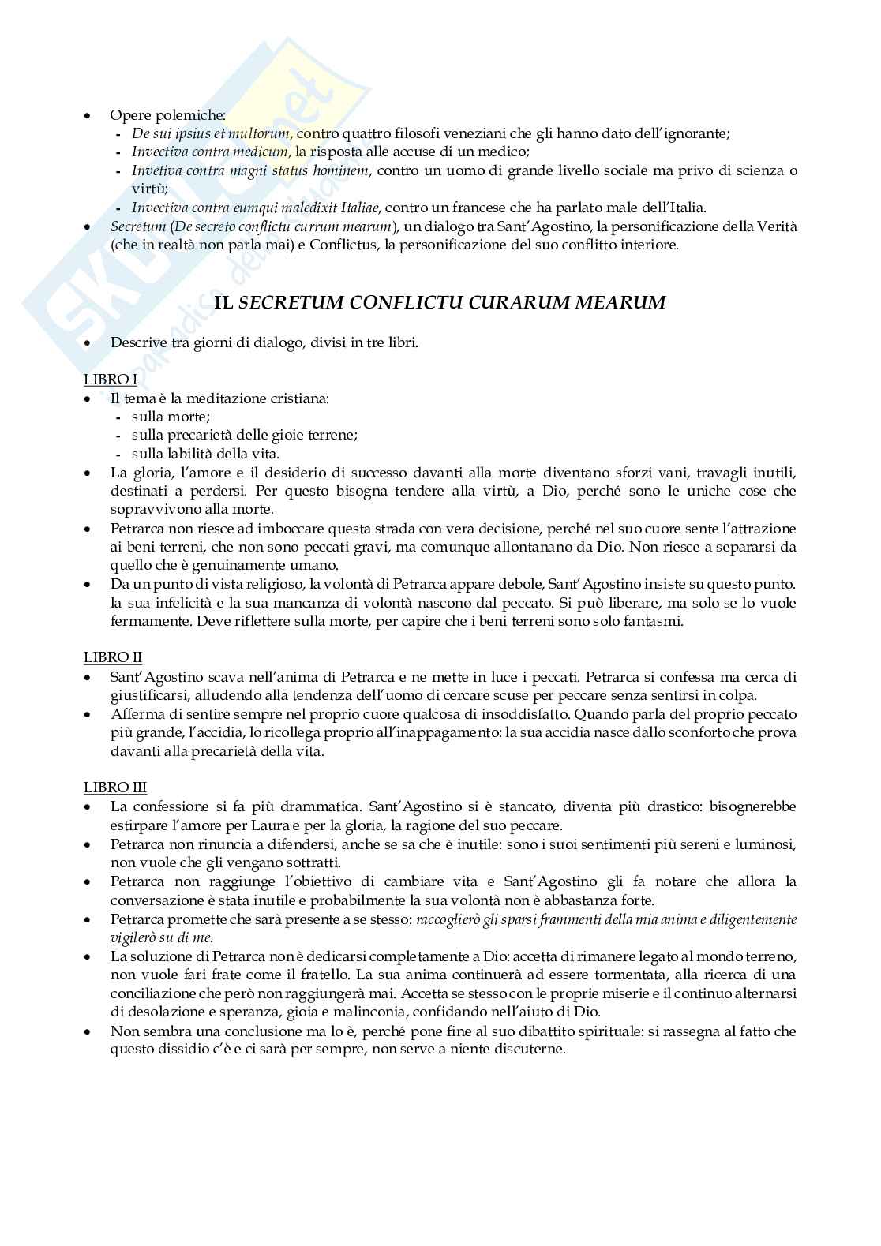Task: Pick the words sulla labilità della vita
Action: pos(205,453)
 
